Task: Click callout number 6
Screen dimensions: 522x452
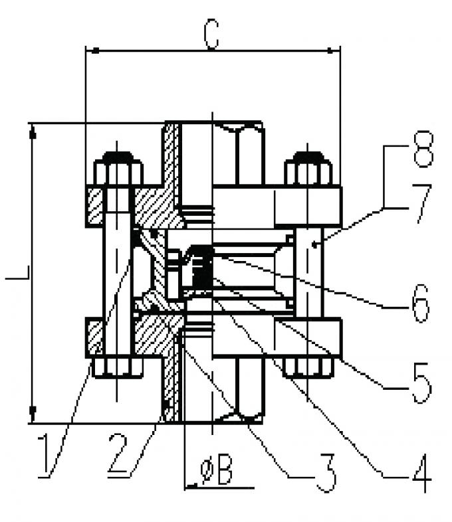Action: point(419,302)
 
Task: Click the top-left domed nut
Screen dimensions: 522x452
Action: point(118,169)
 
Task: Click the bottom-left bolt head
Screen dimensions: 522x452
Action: point(118,367)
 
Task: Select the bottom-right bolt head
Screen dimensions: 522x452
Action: point(308,367)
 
